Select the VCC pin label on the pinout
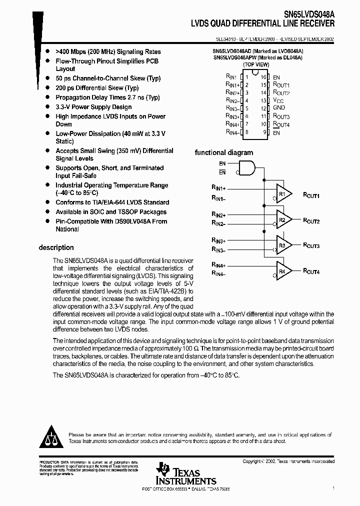click(x=278, y=100)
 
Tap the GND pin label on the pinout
click(x=278, y=108)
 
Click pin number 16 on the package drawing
click(x=263, y=77)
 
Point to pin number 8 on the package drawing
click(x=246, y=132)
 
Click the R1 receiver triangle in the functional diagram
click(x=283, y=193)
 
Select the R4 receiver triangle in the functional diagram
click(x=283, y=271)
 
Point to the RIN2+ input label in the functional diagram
click(x=218, y=214)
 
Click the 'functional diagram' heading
click(x=223, y=153)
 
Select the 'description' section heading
click(x=56, y=247)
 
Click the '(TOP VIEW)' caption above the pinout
click(x=255, y=64)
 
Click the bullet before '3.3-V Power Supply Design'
click(x=47, y=107)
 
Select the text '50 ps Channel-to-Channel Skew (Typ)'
click(x=108, y=78)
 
